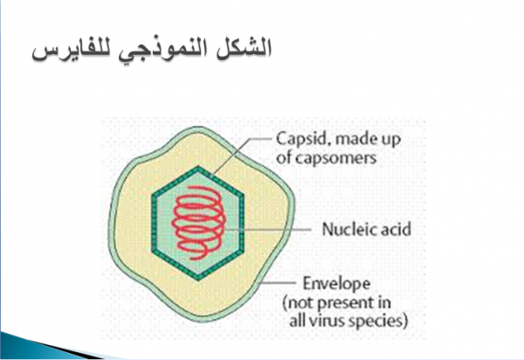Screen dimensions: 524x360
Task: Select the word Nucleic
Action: [347, 229]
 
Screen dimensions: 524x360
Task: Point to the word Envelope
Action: [336, 284]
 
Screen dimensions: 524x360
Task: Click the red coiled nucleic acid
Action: [198, 223]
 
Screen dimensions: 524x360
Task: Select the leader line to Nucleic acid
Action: [267, 230]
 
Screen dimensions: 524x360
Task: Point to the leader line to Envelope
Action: [278, 283]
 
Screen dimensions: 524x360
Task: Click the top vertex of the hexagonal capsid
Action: [198, 166]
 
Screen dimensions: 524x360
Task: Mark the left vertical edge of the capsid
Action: [154, 224]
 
